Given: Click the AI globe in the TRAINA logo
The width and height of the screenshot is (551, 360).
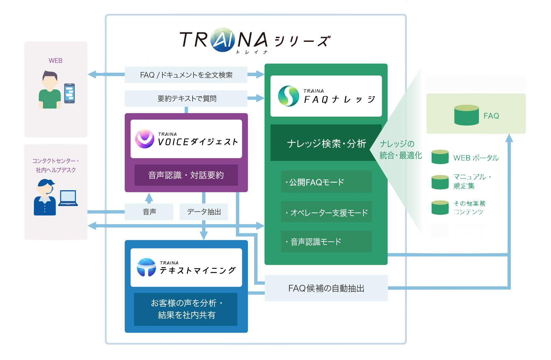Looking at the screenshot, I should tap(223, 40).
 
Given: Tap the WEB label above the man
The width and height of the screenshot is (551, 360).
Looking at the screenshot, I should tap(55, 61).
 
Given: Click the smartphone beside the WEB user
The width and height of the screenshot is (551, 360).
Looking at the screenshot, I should tap(69, 93).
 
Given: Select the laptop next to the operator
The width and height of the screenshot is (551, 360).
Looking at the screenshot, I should tap(68, 198).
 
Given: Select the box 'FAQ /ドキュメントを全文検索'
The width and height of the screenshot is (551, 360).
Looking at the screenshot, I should tap(186, 75).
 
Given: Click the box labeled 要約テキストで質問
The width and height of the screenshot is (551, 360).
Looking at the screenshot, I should tap(186, 99).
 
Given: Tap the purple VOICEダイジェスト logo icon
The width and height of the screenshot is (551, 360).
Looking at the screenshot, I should tap(145, 139).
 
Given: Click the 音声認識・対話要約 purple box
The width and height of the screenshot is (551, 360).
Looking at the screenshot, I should tap(186, 175).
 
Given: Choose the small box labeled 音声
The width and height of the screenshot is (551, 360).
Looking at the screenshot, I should tap(149, 212).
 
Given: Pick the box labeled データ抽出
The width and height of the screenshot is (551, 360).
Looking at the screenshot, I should tap(204, 212).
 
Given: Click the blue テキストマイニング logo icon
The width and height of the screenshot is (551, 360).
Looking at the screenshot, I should tap(146, 267).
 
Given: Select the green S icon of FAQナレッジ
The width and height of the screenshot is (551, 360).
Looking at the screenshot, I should tap(288, 96).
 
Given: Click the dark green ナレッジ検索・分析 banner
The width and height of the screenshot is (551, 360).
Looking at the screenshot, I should tap(326, 143).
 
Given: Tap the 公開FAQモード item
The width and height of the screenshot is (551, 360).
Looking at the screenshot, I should tap(326, 182).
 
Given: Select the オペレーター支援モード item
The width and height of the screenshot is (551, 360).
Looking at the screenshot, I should tap(326, 212).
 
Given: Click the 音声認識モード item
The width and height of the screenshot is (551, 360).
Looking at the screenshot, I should tap(326, 241).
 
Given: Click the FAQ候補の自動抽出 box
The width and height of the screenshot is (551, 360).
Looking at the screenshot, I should tap(326, 288).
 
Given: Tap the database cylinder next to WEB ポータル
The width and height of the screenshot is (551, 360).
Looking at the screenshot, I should tap(440, 157).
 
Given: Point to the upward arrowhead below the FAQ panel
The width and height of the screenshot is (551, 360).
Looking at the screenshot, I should tap(509, 138).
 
